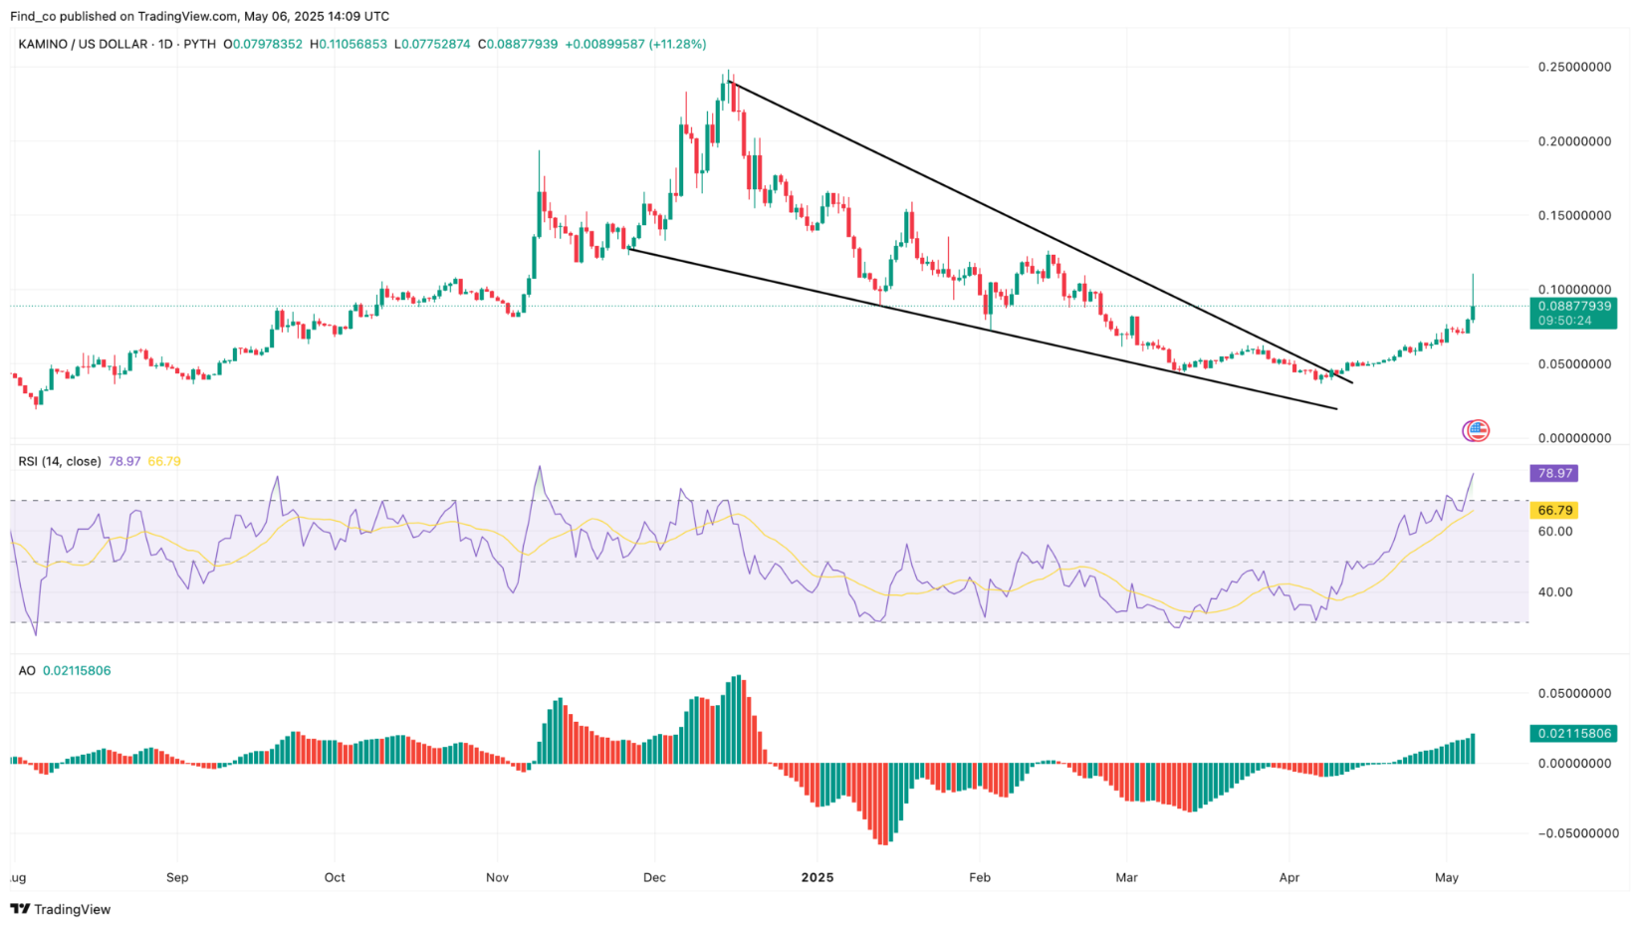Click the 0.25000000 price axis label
tap(1574, 67)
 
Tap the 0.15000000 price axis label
tap(1574, 215)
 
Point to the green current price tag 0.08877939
tap(1574, 307)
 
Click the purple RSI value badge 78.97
tap(1553, 473)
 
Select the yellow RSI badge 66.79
tap(1554, 510)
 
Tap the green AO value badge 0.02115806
tap(1573, 734)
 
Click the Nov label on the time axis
tap(497, 877)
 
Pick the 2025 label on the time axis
tap(817, 877)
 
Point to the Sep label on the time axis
tap(177, 877)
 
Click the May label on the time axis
tap(1447, 877)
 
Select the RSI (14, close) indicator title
tap(60, 461)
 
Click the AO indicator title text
tap(27, 670)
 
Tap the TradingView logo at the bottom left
tap(61, 909)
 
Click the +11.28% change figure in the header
tap(677, 44)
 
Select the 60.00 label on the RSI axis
tap(1555, 531)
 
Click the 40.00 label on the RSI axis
tap(1555, 591)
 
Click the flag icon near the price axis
tap(1477, 430)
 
